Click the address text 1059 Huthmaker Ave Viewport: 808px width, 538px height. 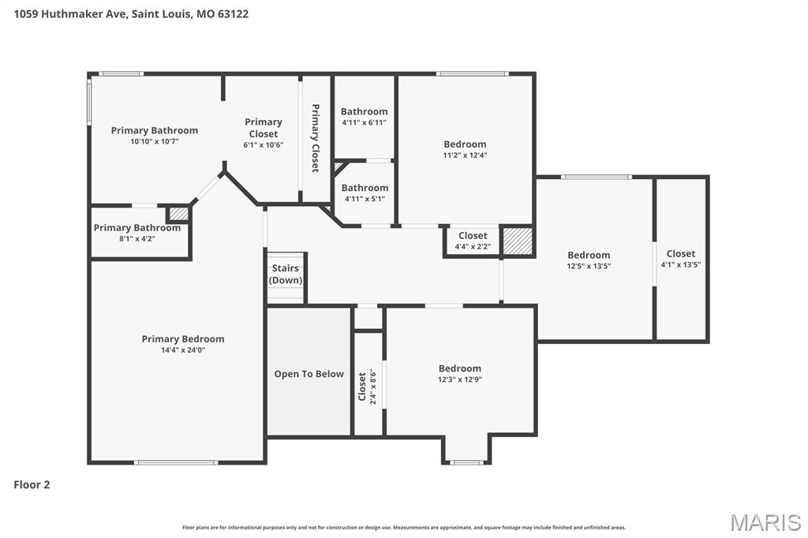tap(63, 13)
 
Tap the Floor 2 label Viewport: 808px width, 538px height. tap(32, 484)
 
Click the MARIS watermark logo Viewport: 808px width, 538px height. tap(765, 521)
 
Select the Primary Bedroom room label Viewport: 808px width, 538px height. tap(183, 339)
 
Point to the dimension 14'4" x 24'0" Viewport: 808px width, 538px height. tap(183, 350)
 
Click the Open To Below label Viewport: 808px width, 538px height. tap(309, 374)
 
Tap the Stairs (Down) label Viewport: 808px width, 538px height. tap(286, 275)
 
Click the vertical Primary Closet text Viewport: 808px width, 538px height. tap(315, 138)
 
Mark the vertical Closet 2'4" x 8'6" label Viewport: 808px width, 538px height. tap(367, 387)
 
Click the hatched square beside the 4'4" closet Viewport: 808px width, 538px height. tap(518, 241)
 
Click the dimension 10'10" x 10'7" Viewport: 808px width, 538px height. tap(155, 141)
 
